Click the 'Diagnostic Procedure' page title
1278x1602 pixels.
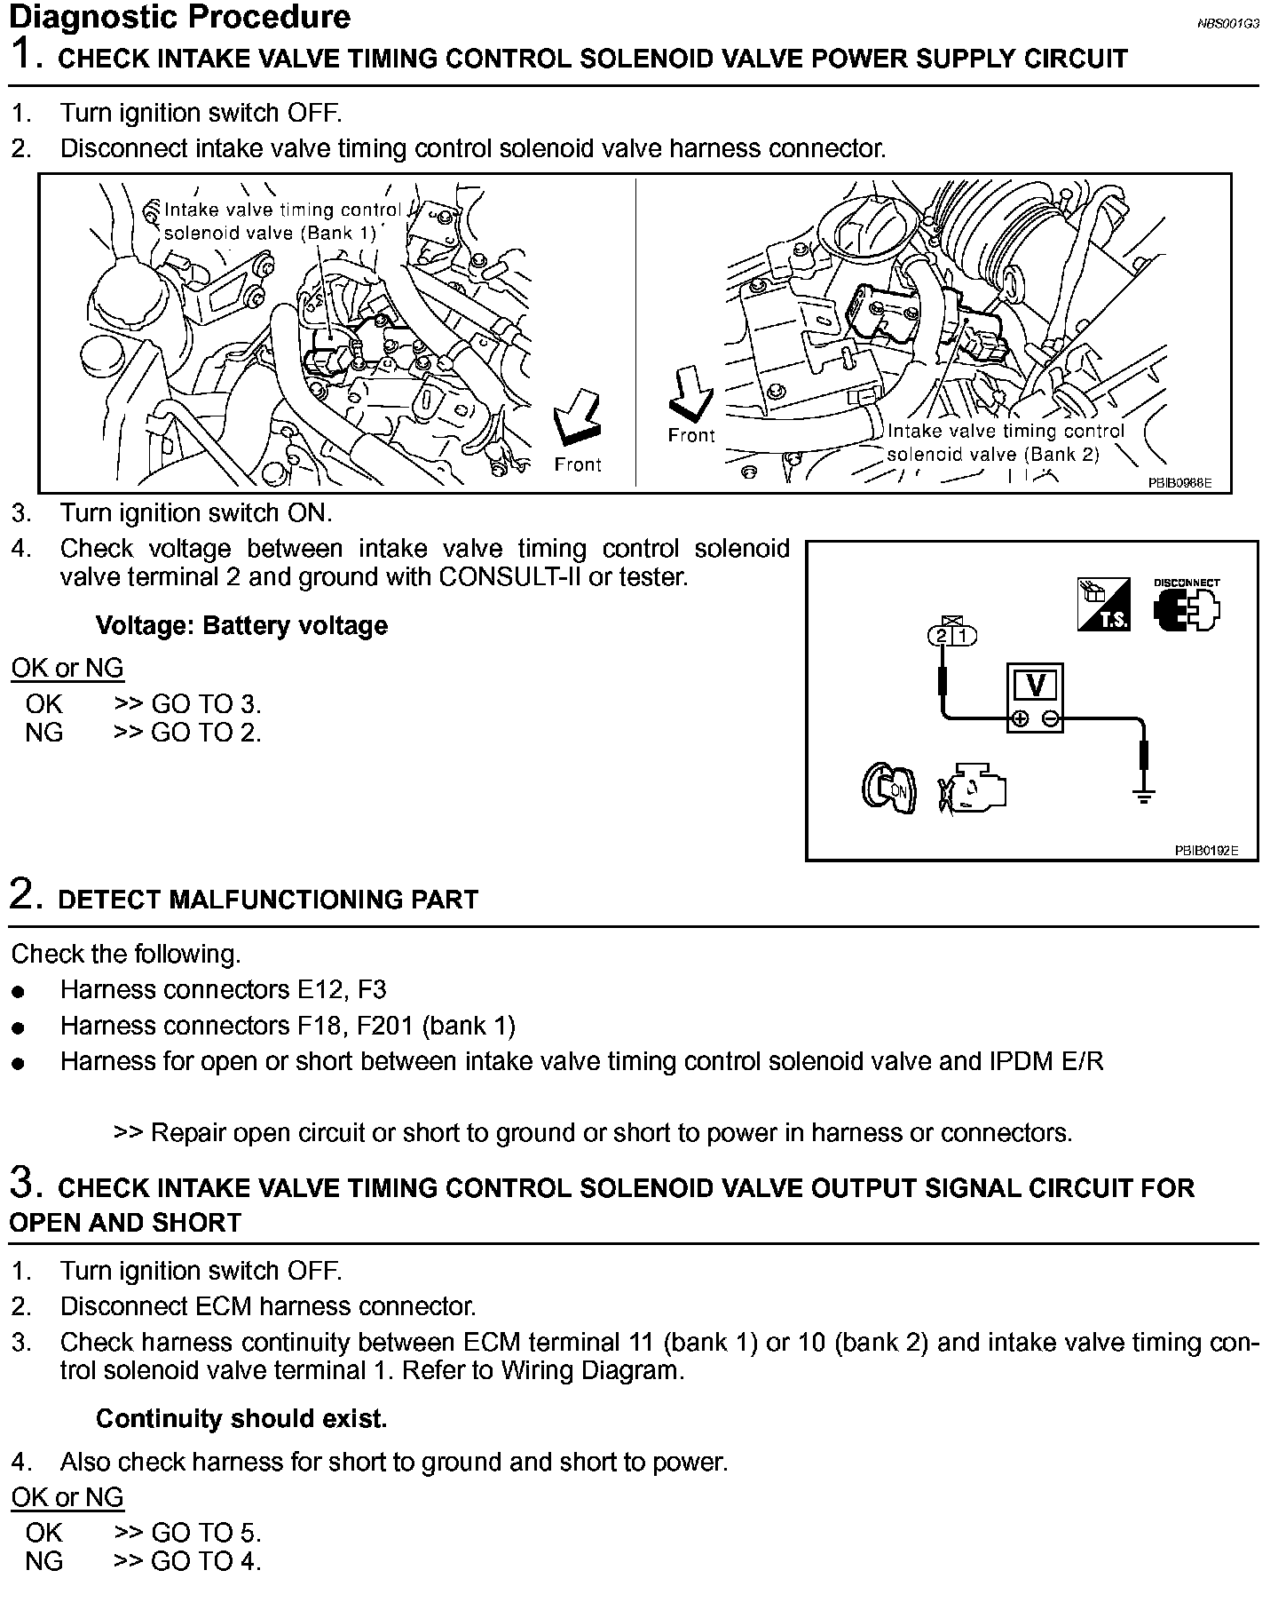[179, 17]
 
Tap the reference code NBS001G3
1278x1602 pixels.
[1227, 24]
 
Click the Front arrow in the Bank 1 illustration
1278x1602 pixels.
[574, 418]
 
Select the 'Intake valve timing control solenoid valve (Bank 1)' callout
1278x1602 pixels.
[282, 221]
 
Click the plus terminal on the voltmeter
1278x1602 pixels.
[1021, 718]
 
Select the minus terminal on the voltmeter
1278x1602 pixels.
[1050, 718]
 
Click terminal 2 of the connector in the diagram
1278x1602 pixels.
[941, 636]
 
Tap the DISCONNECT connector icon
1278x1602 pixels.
[1187, 607]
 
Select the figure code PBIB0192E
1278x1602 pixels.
[1204, 850]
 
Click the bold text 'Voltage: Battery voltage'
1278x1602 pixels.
[241, 625]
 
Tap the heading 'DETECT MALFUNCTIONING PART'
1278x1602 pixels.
[267, 900]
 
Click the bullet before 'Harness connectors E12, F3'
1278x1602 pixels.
[19, 992]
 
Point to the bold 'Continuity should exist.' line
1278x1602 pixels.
[241, 1418]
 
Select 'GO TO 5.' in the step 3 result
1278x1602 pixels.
[206, 1532]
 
